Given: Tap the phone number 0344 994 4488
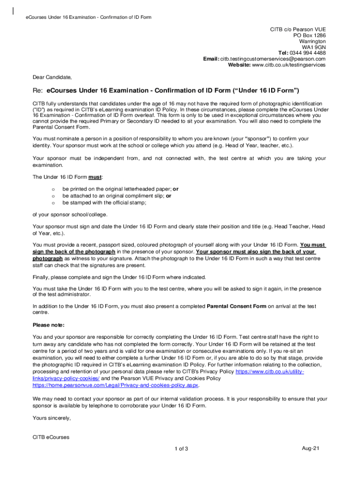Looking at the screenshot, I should click(x=309, y=53).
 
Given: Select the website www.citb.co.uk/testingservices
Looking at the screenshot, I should click(x=288, y=65).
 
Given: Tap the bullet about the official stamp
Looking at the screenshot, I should click(x=104, y=203).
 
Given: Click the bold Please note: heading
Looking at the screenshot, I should click(x=49, y=325).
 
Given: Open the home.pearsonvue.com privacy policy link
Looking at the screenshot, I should click(x=116, y=385).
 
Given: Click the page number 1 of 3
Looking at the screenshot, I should click(x=180, y=449).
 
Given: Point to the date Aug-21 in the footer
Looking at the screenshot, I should click(x=310, y=449).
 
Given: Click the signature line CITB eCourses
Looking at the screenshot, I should click(x=51, y=437).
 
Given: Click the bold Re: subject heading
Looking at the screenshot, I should click(x=166, y=90).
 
